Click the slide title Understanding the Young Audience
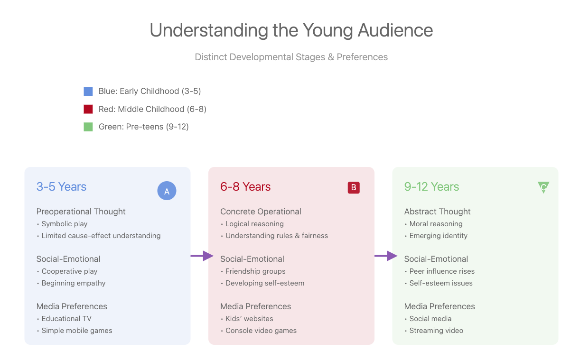(x=291, y=30)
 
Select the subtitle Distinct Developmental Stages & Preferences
(x=291, y=57)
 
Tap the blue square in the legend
(x=88, y=91)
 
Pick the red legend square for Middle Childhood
(x=88, y=109)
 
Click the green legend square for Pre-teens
(x=88, y=127)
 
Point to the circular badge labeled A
(x=167, y=191)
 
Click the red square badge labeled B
(x=354, y=187)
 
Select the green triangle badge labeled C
(x=543, y=186)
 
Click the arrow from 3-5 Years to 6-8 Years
(x=202, y=256)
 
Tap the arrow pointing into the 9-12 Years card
(x=386, y=256)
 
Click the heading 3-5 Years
(x=61, y=187)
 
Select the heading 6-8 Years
(x=245, y=187)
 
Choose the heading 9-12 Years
(x=431, y=187)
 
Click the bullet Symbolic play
(x=65, y=224)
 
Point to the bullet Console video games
(x=261, y=331)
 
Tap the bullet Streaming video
(x=436, y=331)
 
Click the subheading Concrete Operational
(x=261, y=212)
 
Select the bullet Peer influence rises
(x=442, y=271)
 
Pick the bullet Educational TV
(x=66, y=319)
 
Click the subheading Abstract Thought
(x=437, y=212)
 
